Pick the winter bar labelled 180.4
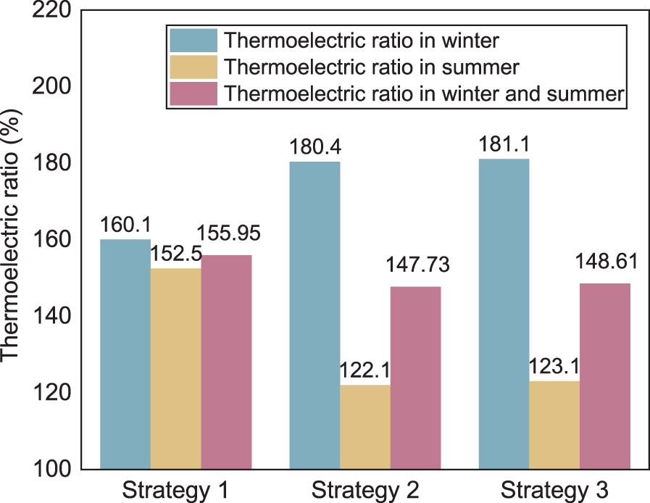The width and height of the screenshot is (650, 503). point(314,315)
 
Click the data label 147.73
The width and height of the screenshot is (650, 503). point(416,265)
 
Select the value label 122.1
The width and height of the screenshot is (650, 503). point(365,370)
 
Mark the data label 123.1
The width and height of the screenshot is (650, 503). point(554,367)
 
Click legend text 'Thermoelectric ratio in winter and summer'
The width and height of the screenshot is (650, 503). point(423,94)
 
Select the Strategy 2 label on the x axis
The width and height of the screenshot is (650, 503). point(364,490)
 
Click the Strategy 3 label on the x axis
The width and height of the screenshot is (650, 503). point(554,490)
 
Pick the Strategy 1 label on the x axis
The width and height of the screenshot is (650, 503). point(176,490)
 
